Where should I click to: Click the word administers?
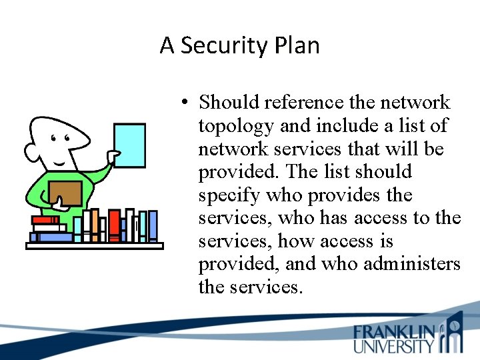click(x=412, y=264)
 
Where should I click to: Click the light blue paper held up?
click(x=129, y=146)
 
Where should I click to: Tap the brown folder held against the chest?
click(x=66, y=193)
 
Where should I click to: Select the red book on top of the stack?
click(x=45, y=219)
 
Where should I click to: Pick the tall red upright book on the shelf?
click(x=114, y=225)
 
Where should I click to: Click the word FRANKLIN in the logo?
click(x=393, y=332)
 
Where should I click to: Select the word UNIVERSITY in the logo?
click(x=393, y=346)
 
